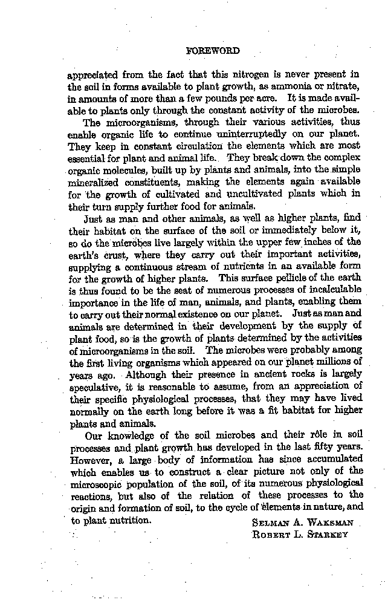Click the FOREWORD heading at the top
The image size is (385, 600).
213,51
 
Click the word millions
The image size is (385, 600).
328,362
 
